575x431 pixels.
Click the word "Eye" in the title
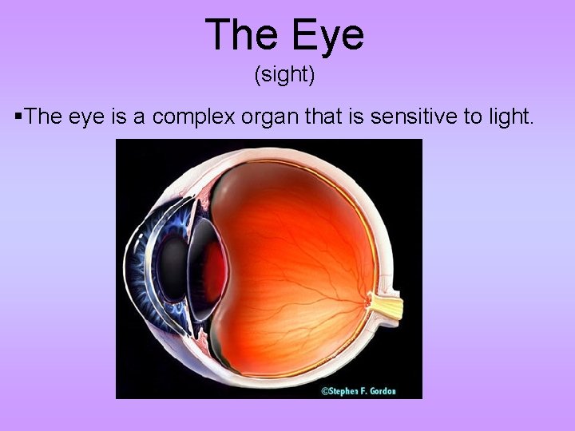tap(328, 35)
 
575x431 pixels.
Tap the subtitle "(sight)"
tap(286, 76)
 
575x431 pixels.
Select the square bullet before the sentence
tap(18, 117)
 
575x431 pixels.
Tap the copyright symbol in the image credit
tap(324, 391)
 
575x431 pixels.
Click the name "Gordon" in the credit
tap(380, 391)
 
